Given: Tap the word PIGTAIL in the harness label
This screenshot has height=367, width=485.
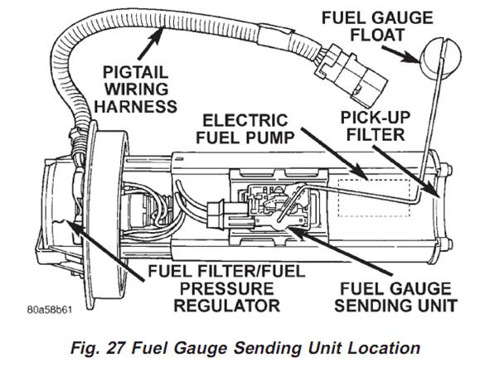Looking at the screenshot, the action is point(135,73).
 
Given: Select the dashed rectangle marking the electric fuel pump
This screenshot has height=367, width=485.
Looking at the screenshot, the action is point(374,198).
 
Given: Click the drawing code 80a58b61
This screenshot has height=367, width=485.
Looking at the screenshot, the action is point(50,310).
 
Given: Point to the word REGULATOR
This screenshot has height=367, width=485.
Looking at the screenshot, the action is point(226,306).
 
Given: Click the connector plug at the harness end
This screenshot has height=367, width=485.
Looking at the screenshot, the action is point(351,74).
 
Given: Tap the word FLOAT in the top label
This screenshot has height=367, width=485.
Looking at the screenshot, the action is point(377,35).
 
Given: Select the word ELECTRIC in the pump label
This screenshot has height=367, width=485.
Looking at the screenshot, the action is point(245,121).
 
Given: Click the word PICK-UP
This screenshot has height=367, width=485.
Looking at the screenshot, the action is point(376,118).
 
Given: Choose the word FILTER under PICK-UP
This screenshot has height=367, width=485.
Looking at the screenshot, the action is point(376,135).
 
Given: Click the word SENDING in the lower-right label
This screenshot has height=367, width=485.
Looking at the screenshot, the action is point(376,306).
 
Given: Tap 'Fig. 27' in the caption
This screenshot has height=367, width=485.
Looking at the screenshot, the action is point(99,349).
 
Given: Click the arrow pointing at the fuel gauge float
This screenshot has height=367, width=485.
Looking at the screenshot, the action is point(401,55).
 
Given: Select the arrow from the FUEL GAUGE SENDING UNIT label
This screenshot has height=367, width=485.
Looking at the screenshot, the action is point(340,251).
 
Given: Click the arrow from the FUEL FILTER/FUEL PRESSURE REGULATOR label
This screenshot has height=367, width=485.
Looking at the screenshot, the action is point(104,250).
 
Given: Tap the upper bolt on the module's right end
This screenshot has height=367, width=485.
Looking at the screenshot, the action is point(448,170).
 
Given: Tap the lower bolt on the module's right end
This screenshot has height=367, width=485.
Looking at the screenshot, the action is point(448,244).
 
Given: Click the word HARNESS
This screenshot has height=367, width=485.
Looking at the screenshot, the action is point(135,107).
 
